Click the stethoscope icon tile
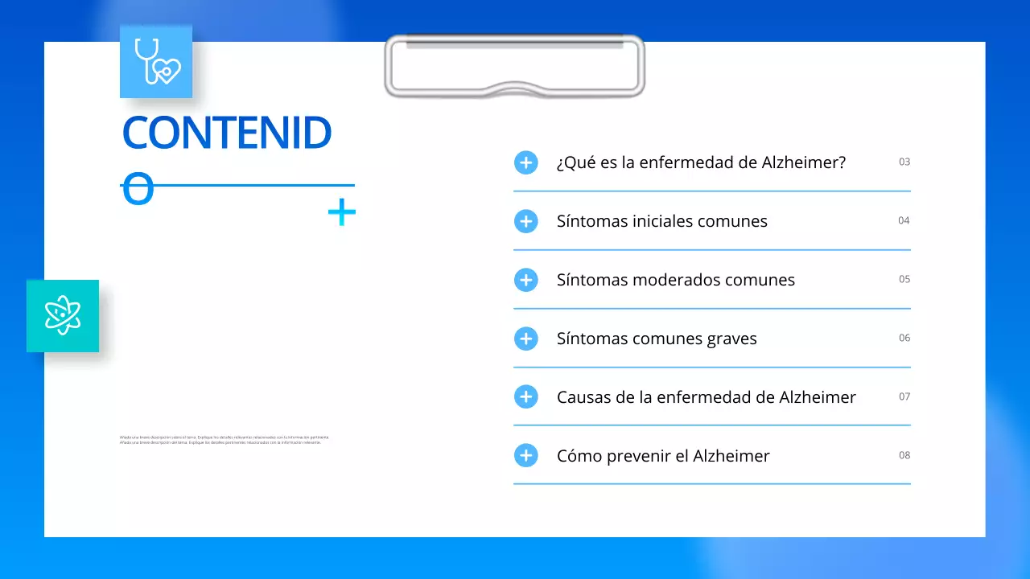click(x=156, y=61)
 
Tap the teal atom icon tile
click(x=63, y=315)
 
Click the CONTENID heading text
click(x=227, y=133)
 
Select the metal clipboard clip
click(x=515, y=66)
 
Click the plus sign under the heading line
click(x=342, y=212)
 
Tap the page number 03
click(x=904, y=162)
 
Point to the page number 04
click(x=904, y=220)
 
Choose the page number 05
click(x=904, y=279)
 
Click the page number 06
click(x=904, y=338)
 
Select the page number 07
click(x=904, y=396)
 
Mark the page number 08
click(x=904, y=455)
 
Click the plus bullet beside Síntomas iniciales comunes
click(x=526, y=221)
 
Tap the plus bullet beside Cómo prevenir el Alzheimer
click(x=526, y=456)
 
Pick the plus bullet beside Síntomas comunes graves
click(x=526, y=339)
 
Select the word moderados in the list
click(x=676, y=280)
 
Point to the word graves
click(x=731, y=339)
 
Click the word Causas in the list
click(x=582, y=397)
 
